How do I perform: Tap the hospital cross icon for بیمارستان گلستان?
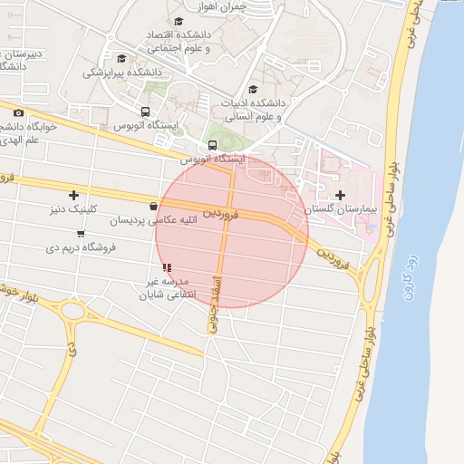tap(340, 196)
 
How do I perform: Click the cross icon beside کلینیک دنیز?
tap(73, 195)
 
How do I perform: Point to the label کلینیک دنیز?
tap(68, 208)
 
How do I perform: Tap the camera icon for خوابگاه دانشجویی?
tap(18, 112)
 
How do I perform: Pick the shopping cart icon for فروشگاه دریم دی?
tap(82, 234)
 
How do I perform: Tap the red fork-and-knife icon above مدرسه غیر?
tap(166, 267)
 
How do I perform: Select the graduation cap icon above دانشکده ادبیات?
tap(253, 89)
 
